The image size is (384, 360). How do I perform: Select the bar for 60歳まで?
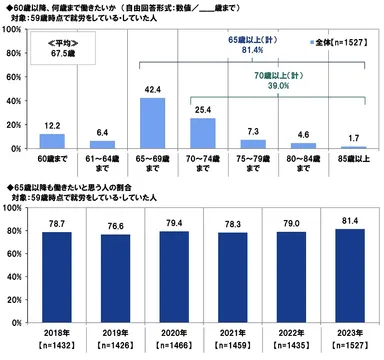click(52, 141)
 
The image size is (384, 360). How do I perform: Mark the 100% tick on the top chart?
click(17, 31)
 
